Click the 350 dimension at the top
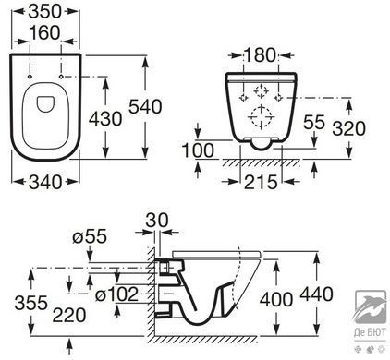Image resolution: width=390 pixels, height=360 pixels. [45, 12]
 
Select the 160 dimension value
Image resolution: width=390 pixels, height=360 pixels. [45, 33]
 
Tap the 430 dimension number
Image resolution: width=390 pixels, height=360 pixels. [105, 119]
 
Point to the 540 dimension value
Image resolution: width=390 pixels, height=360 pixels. [145, 107]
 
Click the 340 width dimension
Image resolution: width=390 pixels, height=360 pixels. [45, 182]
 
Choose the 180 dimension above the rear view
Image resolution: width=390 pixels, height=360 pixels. [261, 55]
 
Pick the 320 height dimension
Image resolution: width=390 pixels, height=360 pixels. [348, 128]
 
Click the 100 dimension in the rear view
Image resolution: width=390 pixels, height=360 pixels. [198, 150]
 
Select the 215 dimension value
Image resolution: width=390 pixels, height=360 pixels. [261, 182]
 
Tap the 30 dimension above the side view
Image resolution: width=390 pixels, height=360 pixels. [157, 221]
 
